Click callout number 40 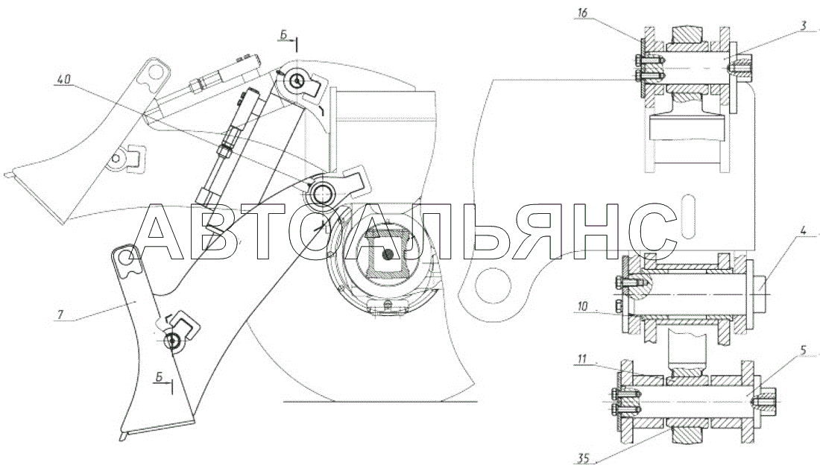click(x=63, y=80)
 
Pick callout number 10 click(x=582, y=307)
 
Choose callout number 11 click(x=583, y=359)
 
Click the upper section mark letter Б click(x=284, y=34)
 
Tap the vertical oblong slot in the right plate click(x=689, y=215)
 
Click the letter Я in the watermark click(x=536, y=232)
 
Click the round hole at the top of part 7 click(x=126, y=256)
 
